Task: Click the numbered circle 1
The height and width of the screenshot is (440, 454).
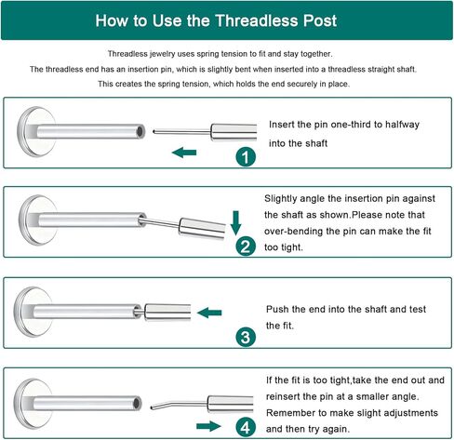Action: pyautogui.click(x=246, y=157)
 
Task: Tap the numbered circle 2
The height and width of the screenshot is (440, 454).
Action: pyautogui.click(x=246, y=247)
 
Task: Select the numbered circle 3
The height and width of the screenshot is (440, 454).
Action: pyautogui.click(x=246, y=337)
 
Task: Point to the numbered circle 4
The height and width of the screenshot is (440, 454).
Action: pyautogui.click(x=246, y=428)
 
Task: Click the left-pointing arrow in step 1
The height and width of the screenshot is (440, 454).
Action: pyautogui.click(x=184, y=153)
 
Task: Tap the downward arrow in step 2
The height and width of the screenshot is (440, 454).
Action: pyautogui.click(x=236, y=223)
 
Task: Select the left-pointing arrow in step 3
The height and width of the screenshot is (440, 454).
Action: pyautogui.click(x=209, y=313)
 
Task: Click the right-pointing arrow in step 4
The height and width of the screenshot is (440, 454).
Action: pyautogui.click(x=208, y=426)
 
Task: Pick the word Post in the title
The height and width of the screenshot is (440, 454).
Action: pyautogui.click(x=320, y=20)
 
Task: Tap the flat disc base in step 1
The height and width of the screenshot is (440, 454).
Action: pyautogui.click(x=34, y=132)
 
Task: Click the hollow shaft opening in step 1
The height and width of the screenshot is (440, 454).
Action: pyautogui.click(x=140, y=132)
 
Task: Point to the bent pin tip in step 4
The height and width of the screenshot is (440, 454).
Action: pyautogui.click(x=152, y=407)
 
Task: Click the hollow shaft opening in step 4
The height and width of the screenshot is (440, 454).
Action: pyautogui.click(x=137, y=403)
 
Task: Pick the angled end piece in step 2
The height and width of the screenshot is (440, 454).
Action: pyautogui.click(x=202, y=229)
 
